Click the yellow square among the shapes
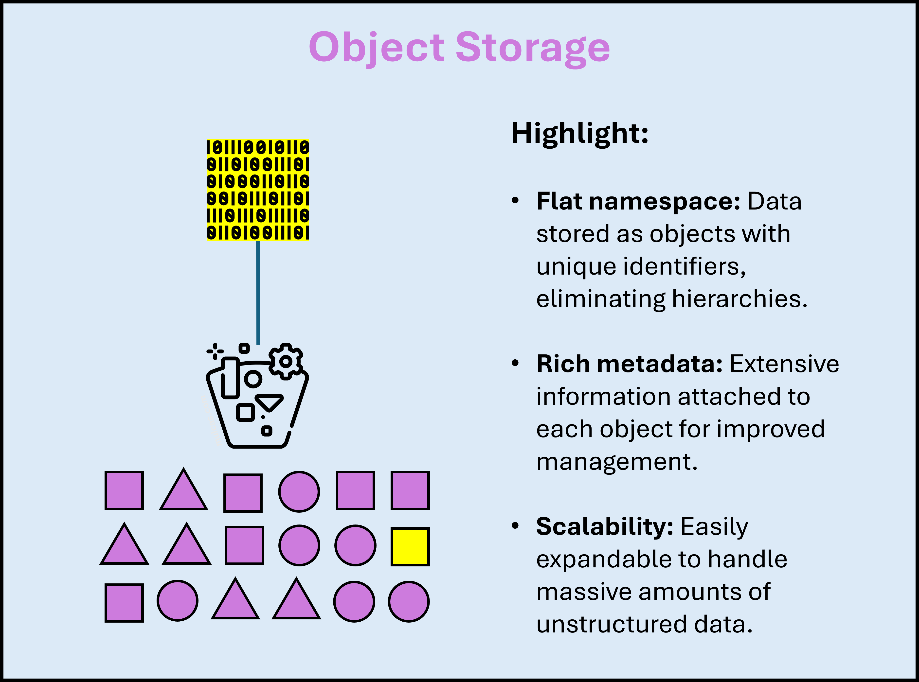point(410,547)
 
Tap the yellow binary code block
point(258,190)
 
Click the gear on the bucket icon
point(285,362)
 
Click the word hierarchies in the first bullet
point(739,299)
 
